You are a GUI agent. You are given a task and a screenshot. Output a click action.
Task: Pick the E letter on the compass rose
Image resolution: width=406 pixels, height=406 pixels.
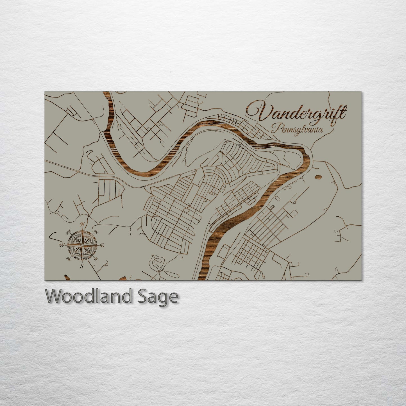pos(102,246)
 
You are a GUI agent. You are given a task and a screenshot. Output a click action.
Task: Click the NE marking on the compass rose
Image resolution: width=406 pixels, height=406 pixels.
pos(96,232)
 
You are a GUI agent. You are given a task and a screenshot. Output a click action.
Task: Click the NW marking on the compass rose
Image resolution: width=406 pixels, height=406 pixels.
pos(68,232)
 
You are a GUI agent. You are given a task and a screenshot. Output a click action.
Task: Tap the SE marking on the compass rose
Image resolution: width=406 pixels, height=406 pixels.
pos(96,259)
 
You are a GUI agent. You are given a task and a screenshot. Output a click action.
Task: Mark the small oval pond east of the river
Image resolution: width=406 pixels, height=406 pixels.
pos(319,177)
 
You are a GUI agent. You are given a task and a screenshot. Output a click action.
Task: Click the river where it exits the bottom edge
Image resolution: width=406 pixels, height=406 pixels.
pos(202,278)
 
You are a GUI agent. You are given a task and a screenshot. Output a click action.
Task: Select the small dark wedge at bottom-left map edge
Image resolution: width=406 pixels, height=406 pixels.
pos(66,278)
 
